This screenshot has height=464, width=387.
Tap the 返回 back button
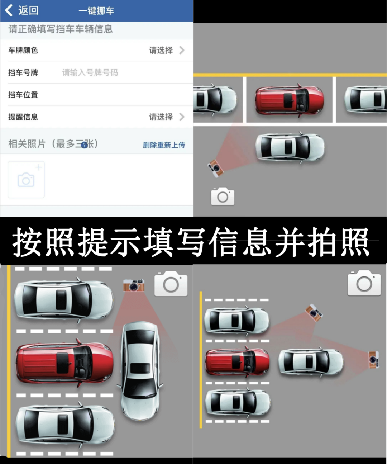pyautogui.click(x=21, y=10)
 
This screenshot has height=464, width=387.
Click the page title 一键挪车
pyautogui.click(x=96, y=11)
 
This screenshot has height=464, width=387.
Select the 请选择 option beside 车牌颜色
pyautogui.click(x=167, y=50)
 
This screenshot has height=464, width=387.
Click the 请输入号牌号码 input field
pyautogui.click(x=90, y=72)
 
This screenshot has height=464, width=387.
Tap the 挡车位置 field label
pyautogui.click(x=23, y=95)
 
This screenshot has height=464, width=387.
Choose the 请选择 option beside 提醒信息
pyautogui.click(x=167, y=117)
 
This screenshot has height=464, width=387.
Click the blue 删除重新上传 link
pyautogui.click(x=164, y=145)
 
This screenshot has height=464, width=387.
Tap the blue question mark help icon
pyautogui.click(x=84, y=145)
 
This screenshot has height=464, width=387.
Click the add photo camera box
pyautogui.click(x=26, y=180)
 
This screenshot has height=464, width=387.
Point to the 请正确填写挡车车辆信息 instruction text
pyautogui.click(x=61, y=29)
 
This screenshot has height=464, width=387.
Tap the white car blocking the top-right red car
pyautogui.click(x=290, y=147)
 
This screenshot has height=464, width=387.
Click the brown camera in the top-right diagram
pyautogui.click(x=215, y=168)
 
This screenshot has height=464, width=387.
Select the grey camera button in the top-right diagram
pyautogui.click(x=223, y=197)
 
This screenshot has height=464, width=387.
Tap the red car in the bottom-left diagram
pyautogui.click(x=64, y=363)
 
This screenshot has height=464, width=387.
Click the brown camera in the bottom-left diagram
pyautogui.click(x=134, y=285)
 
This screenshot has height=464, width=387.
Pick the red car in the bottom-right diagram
pyautogui.click(x=237, y=362)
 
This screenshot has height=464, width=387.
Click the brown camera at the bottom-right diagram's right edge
pyautogui.click(x=374, y=359)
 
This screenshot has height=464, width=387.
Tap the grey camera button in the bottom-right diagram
pyautogui.click(x=364, y=283)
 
